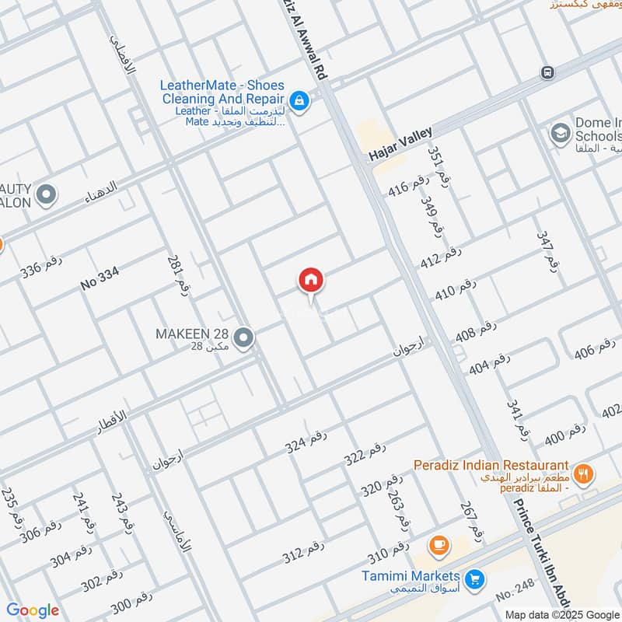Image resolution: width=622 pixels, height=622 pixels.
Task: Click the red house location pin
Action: pyautogui.click(x=311, y=281)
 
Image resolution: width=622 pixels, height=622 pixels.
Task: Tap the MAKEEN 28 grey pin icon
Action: pyautogui.click(x=244, y=338)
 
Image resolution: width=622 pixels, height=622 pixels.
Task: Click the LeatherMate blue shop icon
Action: pyautogui.click(x=298, y=100)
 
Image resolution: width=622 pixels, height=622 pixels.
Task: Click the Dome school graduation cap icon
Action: pyautogui.click(x=559, y=133)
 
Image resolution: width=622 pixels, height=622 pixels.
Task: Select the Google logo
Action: pyautogui.click(x=33, y=610)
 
